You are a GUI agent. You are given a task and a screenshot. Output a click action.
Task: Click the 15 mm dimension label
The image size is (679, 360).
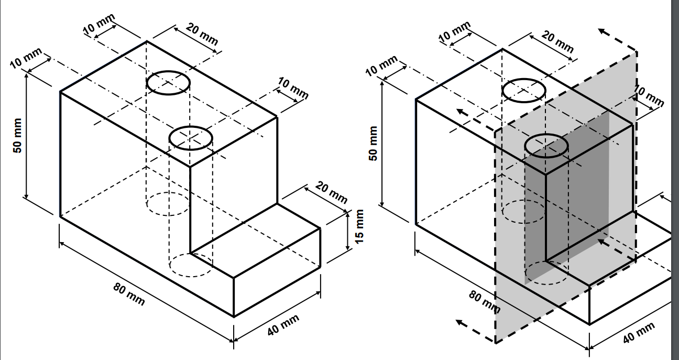tap(359, 226)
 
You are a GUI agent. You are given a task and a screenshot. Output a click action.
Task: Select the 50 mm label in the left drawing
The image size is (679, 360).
tap(18, 136)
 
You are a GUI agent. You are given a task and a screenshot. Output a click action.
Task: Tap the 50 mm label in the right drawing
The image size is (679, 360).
tap(374, 144)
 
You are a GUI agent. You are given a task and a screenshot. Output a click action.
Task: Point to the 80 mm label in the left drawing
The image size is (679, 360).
tap(129, 294)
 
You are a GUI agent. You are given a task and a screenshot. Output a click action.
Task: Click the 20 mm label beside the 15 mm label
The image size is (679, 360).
tap(332, 192)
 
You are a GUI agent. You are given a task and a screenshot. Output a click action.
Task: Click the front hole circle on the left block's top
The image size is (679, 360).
tap(190, 138)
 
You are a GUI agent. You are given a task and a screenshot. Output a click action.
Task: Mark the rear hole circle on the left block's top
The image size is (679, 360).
tap(168, 83)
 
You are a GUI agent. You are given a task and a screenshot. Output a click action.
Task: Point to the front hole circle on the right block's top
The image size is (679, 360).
tap(546, 146)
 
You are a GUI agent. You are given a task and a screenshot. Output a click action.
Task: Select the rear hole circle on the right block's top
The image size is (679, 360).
tap(524, 90)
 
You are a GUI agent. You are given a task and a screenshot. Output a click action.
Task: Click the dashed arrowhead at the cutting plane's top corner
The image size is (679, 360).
tap(604, 32)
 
